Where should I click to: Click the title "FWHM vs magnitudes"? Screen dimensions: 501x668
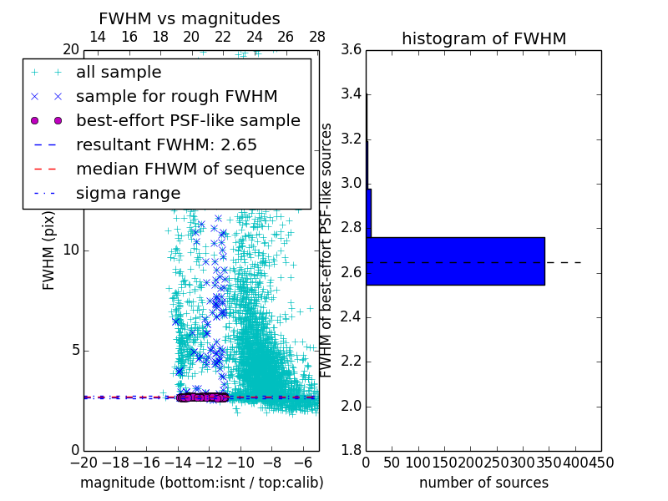click(190, 18)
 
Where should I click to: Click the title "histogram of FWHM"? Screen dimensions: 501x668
click(483, 38)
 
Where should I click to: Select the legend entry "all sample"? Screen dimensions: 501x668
click(119, 73)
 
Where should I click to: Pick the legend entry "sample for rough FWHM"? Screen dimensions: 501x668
click(176, 97)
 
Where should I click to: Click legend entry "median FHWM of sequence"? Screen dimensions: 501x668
click(190, 169)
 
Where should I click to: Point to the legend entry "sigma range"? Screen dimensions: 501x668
click(128, 193)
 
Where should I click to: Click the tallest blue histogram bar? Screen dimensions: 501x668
click(455, 261)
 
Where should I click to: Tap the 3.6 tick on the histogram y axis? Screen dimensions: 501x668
click(351, 49)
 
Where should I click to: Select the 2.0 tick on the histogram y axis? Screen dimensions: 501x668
click(351, 406)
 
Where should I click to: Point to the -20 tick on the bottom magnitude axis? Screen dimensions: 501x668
click(83, 462)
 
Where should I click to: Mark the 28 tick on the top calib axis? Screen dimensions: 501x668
click(317, 37)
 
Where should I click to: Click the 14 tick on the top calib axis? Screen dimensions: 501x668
click(98, 37)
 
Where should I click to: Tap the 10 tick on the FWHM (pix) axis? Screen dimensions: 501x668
click(70, 250)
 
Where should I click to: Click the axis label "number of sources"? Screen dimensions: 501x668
click(483, 483)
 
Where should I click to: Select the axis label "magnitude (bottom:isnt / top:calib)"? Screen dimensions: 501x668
click(201, 483)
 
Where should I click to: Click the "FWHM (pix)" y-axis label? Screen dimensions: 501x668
click(49, 250)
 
